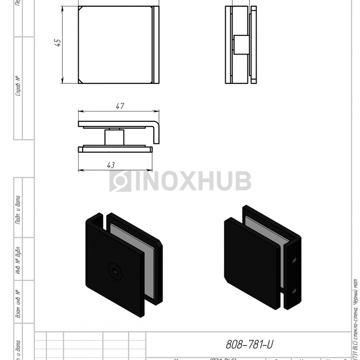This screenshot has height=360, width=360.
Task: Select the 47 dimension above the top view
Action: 119,106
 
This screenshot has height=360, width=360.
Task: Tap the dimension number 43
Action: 111,165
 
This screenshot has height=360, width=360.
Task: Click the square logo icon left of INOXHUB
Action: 120,181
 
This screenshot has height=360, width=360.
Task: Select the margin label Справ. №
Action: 18,86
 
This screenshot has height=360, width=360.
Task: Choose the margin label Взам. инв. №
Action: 18,303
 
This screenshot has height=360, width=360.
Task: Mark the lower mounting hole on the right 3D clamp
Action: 294,292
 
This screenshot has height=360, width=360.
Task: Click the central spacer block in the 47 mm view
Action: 114,137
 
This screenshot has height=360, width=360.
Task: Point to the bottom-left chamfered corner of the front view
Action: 81,81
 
